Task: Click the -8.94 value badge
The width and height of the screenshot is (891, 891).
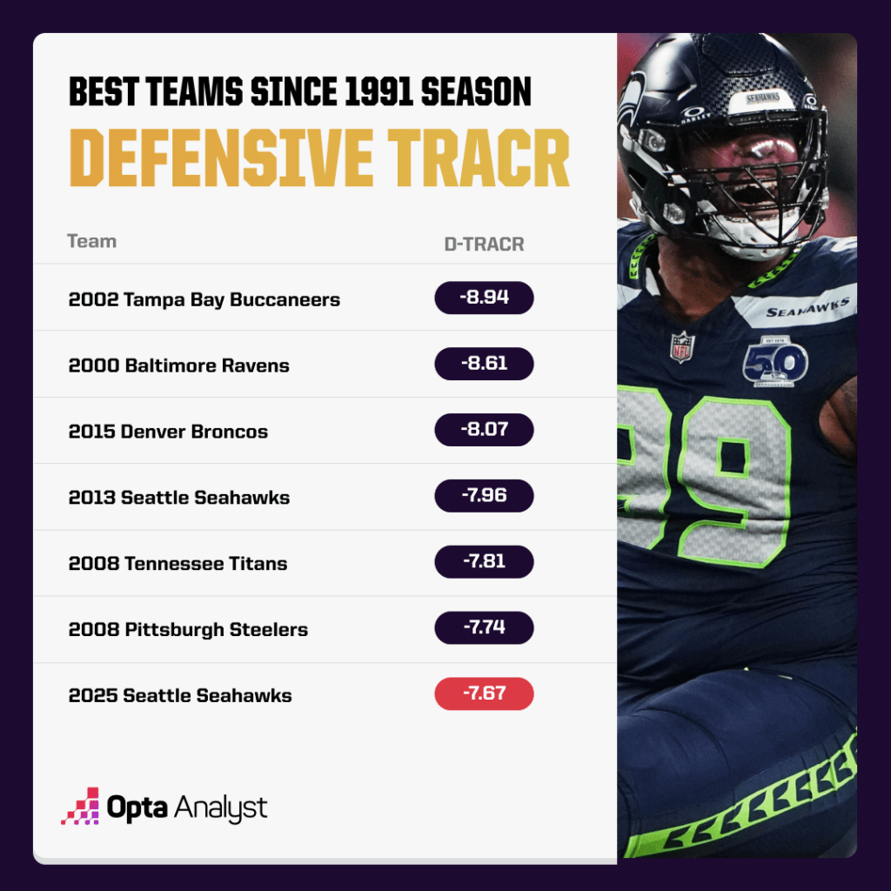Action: [484, 298]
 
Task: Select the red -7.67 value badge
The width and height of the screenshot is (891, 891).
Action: [484, 694]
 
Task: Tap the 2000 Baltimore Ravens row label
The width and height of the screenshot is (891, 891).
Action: [178, 365]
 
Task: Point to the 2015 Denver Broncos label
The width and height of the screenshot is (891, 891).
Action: [168, 432]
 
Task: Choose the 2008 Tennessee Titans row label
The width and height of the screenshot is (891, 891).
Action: [178, 563]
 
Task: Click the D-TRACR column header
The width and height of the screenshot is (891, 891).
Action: [484, 245]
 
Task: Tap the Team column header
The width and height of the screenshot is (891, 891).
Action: [91, 241]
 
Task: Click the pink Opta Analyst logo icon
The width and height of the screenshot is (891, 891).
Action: [79, 807]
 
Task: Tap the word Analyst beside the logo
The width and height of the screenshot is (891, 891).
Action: [220, 807]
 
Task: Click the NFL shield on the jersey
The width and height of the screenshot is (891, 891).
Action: [682, 346]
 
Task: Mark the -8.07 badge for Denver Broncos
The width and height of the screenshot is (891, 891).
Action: [484, 431]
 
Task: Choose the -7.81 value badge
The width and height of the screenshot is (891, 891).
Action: [484, 562]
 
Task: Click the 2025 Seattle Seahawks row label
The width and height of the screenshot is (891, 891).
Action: [180, 695]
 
